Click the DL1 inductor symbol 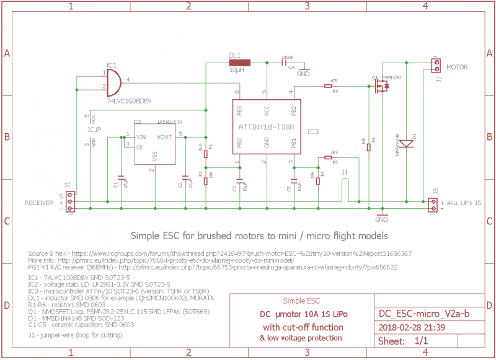[x=239, y=62]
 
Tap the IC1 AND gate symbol [x=113, y=81]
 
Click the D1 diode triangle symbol [x=406, y=143]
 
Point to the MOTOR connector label [x=457, y=67]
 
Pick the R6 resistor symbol [x=369, y=147]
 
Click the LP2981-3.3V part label [x=169, y=122]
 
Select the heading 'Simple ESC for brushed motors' [x=259, y=236]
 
